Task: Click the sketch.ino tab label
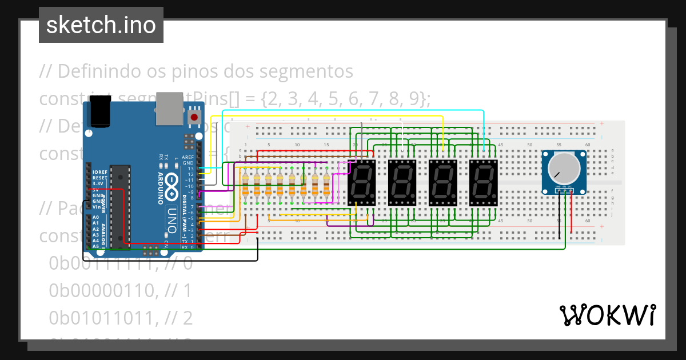click(101, 25)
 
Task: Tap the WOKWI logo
click(607, 315)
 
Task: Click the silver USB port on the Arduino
click(169, 108)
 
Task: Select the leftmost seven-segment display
click(361, 183)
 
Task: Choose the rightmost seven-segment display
click(484, 183)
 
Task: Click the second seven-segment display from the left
click(402, 183)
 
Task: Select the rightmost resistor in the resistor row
click(326, 185)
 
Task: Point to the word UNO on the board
click(171, 216)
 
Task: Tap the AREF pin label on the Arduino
click(188, 157)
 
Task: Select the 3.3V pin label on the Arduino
click(99, 183)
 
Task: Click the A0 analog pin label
click(95, 218)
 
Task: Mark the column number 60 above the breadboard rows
click(588, 145)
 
